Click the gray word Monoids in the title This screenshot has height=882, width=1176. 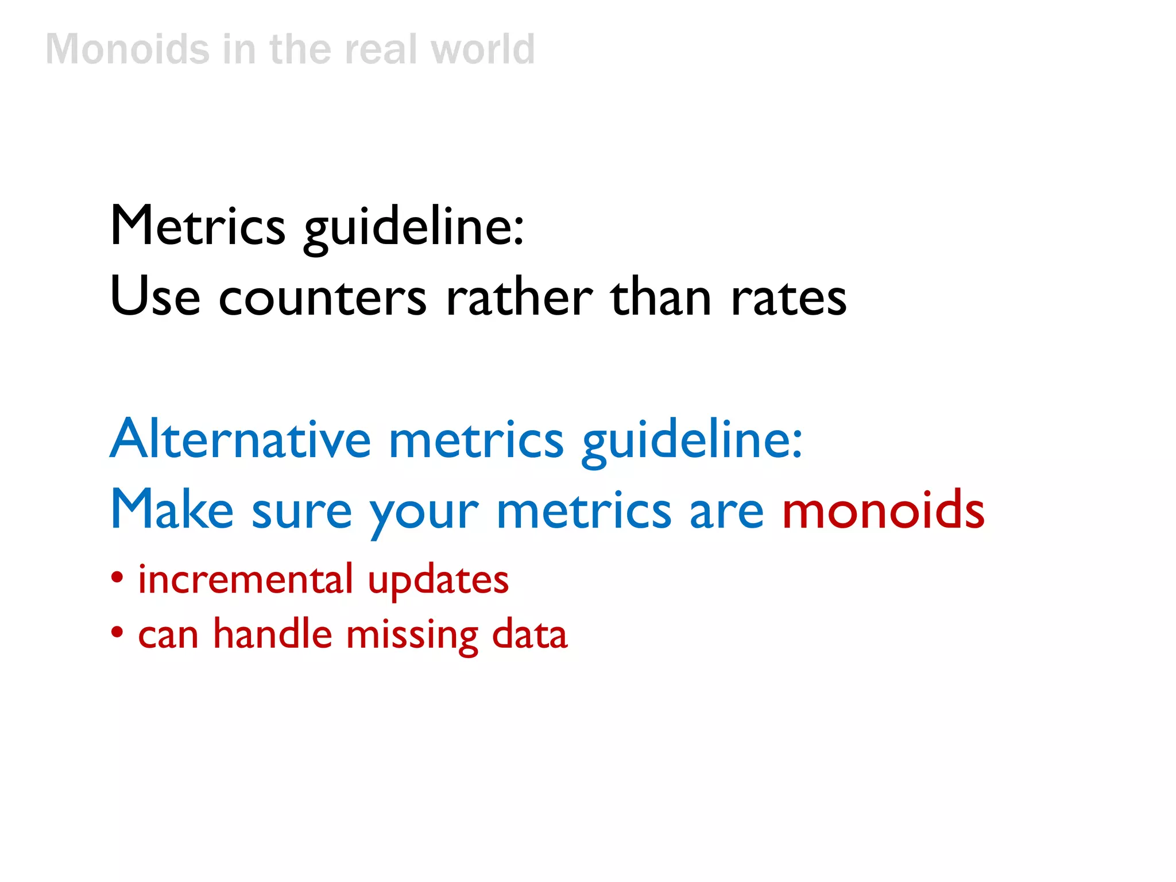127,49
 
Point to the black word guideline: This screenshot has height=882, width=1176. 413,229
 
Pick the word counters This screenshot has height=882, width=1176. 322,299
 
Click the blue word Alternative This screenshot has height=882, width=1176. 241,439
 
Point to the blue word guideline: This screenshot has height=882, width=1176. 691,442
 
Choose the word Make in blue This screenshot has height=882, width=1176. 172,509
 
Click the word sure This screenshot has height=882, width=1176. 301,512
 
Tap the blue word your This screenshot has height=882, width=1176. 424,514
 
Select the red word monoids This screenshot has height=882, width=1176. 883,509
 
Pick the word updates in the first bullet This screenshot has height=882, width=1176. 438,581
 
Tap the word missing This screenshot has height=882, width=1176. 412,636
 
